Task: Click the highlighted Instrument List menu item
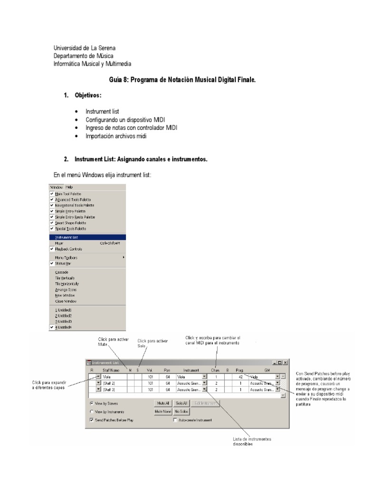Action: coord(67,237)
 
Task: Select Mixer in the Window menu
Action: coord(60,243)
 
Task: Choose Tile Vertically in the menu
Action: coord(65,278)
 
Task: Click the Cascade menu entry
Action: coord(62,272)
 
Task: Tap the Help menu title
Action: coord(69,187)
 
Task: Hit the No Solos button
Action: coord(182,411)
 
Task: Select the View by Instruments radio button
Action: coord(91,411)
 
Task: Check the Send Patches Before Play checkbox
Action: coord(91,420)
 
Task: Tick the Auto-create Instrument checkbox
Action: coord(175,420)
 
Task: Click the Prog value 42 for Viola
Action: coord(240,376)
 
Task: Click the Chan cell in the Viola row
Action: coord(216,376)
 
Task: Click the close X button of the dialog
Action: coord(285,363)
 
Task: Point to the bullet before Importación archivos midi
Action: coord(76,136)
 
